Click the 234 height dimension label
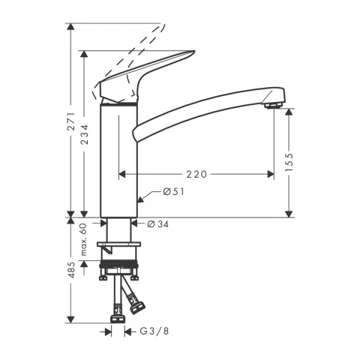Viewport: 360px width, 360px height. [x=86, y=133]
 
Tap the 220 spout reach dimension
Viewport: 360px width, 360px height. [x=196, y=174]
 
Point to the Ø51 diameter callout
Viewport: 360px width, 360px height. [x=173, y=192]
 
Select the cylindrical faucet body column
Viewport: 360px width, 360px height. [x=118, y=161]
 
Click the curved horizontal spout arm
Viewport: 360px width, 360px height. [x=202, y=112]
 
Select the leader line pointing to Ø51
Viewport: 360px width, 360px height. [x=150, y=196]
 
